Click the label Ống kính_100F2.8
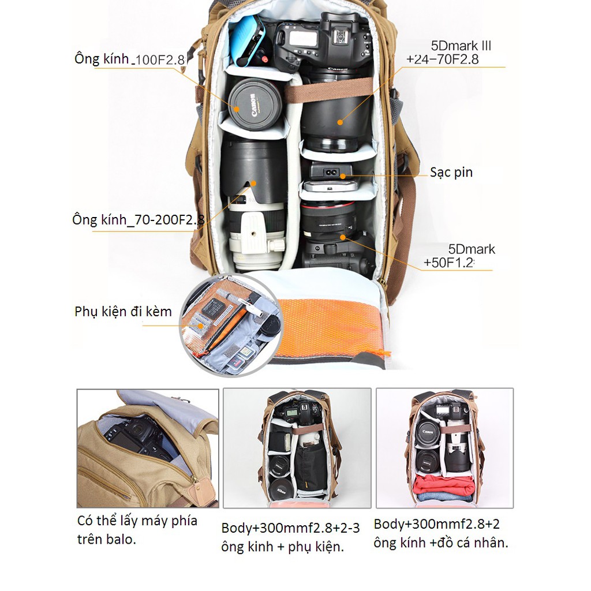129,59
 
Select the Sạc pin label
451,173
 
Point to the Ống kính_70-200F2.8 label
139,220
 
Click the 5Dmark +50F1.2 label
459,257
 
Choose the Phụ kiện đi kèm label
123,312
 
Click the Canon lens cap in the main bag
255,105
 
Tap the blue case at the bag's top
247,40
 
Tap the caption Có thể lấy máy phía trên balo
137,530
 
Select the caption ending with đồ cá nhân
441,533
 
